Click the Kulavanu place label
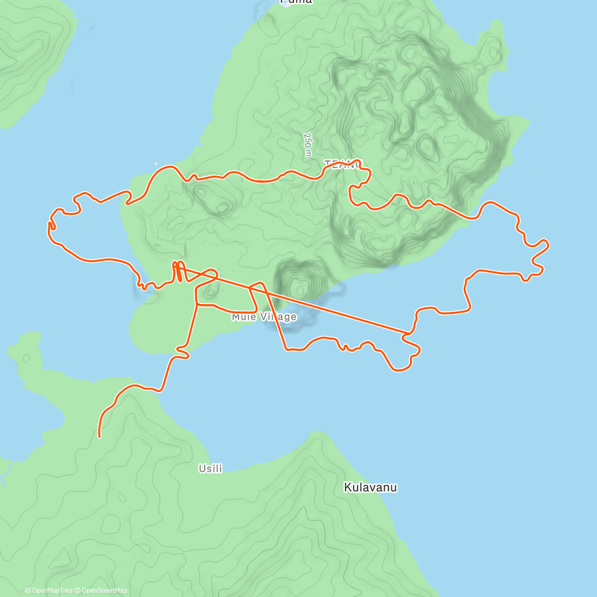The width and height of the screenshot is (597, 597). (370, 488)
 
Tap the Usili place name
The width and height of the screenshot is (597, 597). (210, 469)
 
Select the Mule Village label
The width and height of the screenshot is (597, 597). (264, 317)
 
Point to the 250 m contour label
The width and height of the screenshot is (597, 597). (308, 144)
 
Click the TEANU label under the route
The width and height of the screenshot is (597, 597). (343, 164)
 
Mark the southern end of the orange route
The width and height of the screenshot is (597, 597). (100, 436)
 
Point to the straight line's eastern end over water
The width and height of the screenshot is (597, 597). (410, 332)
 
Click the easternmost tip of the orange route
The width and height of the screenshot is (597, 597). (548, 244)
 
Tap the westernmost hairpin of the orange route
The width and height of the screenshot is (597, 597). (50, 227)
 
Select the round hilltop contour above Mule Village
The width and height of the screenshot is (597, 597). (299, 288)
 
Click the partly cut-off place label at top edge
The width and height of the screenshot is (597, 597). (297, 2)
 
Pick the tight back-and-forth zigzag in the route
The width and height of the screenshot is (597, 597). (178, 271)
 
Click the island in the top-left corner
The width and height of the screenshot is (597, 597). (30, 55)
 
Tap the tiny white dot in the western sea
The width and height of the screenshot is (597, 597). (156, 163)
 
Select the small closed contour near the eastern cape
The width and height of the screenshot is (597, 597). (494, 51)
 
